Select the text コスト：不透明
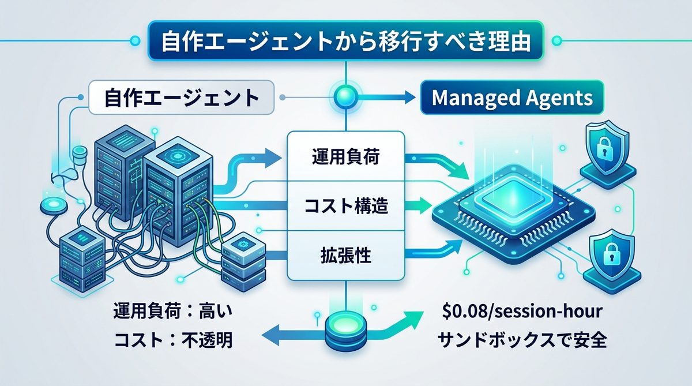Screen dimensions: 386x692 click(174, 340)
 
